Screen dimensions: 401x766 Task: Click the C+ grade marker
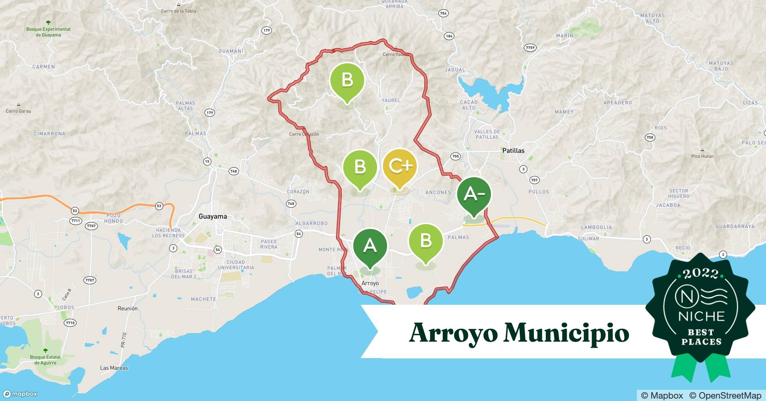tap(400, 166)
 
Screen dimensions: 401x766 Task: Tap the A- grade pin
tap(474, 194)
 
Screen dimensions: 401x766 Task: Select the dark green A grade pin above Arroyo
tap(370, 245)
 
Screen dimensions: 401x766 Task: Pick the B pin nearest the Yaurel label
tap(347, 80)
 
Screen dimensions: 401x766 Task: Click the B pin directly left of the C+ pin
tap(360, 167)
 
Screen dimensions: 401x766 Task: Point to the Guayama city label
tap(213, 217)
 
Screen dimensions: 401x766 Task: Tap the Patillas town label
tap(513, 151)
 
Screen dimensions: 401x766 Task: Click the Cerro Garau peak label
tap(18, 111)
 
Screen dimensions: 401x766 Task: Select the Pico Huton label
tap(702, 156)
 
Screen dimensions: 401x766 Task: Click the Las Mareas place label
tap(114, 368)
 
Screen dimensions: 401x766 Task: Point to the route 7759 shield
tap(530, 48)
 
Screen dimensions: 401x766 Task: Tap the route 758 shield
tap(650, 137)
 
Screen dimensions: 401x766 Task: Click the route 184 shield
tap(449, 36)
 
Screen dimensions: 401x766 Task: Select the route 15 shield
tap(207, 162)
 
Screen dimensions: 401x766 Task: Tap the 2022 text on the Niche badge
tap(701, 274)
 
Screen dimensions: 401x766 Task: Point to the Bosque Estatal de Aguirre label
tap(45, 360)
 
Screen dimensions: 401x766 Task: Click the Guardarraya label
tap(735, 227)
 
